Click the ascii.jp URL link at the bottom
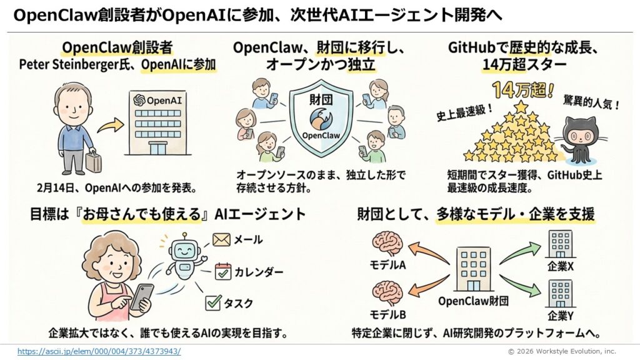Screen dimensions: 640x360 (x=99, y=351)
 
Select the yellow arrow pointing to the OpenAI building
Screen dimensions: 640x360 (x=111, y=126)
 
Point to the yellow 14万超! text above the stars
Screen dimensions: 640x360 (x=523, y=90)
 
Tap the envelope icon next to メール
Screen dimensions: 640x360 (x=221, y=239)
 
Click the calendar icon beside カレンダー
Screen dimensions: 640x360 (x=223, y=271)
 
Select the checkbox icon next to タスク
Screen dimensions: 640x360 (x=213, y=302)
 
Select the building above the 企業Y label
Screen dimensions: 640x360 (x=561, y=294)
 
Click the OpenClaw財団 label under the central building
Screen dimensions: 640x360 (x=474, y=301)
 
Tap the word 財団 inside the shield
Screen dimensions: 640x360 (x=321, y=99)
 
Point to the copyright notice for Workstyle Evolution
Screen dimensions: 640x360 (x=562, y=351)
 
